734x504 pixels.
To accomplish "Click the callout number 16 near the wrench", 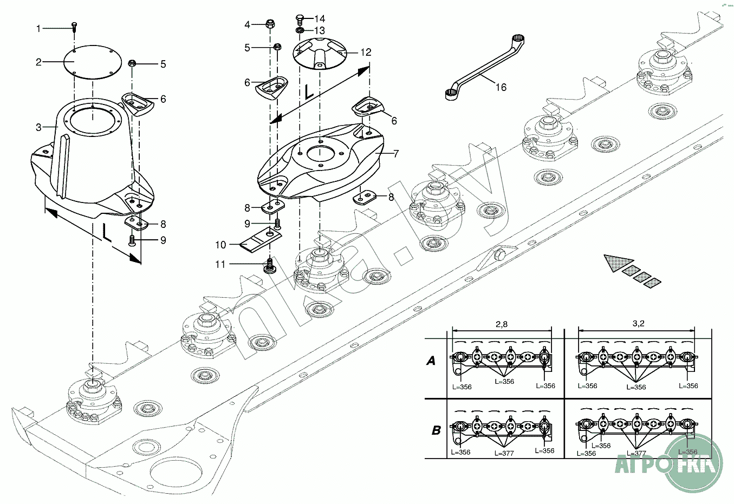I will tap(501, 87).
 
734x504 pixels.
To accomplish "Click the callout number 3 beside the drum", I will tap(38, 127).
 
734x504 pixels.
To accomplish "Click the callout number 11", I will tap(220, 264).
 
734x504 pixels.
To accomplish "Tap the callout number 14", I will tap(320, 19).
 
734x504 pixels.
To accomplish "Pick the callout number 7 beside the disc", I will tap(396, 154).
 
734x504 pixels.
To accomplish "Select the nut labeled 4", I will tap(270, 24).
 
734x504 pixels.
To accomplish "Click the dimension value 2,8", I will tap(502, 324).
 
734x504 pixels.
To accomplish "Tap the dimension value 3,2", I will tap(638, 324).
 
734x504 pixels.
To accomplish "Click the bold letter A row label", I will tap(431, 361).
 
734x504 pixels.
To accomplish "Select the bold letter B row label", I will tap(436, 430).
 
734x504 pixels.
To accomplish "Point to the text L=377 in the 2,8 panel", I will tap(504, 453).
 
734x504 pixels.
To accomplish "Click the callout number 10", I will tap(220, 245).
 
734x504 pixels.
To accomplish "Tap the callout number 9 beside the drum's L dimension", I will tap(163, 240).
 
